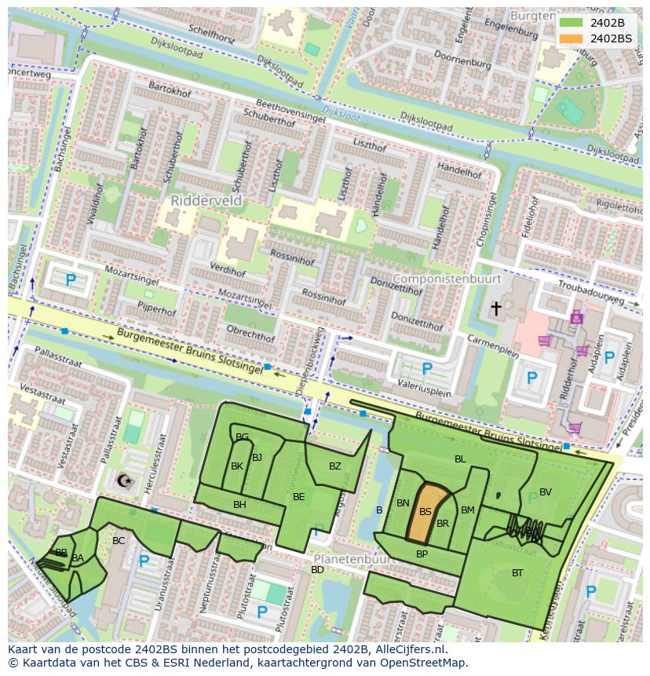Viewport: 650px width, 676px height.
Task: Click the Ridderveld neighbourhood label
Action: [x=207, y=201]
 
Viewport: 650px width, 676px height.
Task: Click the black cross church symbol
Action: [x=495, y=309]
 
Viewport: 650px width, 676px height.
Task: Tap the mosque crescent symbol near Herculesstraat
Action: [x=123, y=480]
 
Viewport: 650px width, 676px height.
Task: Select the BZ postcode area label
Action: [x=335, y=466]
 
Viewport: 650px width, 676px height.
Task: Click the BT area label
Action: [x=517, y=573]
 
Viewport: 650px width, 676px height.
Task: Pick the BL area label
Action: [x=460, y=459]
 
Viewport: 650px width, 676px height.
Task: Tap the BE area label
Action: [x=298, y=497]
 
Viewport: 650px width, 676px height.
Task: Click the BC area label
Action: [x=119, y=541]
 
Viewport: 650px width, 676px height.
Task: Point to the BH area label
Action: [x=239, y=505]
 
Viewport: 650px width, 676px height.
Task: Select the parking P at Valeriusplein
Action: [x=427, y=368]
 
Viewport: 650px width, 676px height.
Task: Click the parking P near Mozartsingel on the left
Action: [x=71, y=280]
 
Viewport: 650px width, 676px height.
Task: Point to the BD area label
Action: [x=317, y=570]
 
